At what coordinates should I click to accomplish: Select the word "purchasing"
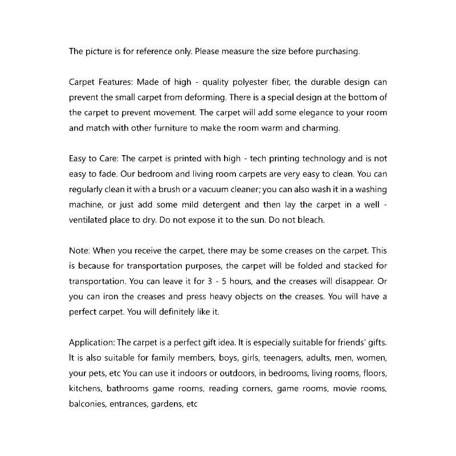337,51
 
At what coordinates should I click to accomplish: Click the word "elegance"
300,112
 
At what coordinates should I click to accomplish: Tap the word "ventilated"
89,220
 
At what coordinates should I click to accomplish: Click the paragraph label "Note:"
79,250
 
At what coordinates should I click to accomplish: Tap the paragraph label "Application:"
92,343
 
